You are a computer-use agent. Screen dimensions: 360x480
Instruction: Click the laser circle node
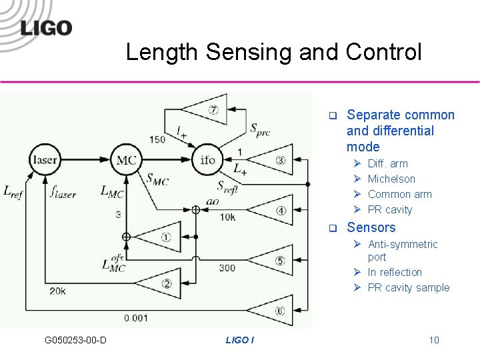tap(45, 161)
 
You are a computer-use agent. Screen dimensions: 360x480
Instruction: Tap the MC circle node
tap(126, 160)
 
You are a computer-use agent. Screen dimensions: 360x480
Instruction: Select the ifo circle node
tap(208, 160)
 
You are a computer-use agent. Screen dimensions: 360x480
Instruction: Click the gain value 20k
tap(57, 291)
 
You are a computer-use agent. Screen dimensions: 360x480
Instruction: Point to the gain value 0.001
tap(136, 318)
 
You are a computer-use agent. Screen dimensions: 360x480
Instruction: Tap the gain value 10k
tap(227, 217)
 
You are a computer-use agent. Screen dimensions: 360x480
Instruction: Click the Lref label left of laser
tap(15, 191)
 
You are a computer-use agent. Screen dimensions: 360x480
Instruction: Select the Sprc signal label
tap(260, 129)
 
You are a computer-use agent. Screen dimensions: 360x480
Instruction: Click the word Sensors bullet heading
tap(371, 227)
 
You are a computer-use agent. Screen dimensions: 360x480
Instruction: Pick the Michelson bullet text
tap(391, 179)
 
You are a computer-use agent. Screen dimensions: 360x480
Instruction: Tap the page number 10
tap(434, 341)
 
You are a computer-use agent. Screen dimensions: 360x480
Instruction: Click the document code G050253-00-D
tap(75, 341)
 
